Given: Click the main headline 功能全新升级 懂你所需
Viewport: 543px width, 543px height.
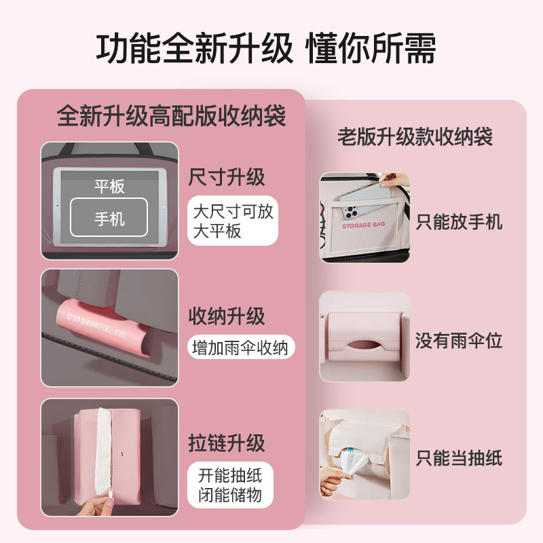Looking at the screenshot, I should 266,50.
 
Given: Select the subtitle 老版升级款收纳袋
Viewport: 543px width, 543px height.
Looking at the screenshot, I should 415,137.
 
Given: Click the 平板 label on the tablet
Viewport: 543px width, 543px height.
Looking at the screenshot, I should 109,187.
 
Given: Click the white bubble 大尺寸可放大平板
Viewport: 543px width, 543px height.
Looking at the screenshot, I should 233,221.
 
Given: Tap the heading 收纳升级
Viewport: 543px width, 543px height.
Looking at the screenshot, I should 226,316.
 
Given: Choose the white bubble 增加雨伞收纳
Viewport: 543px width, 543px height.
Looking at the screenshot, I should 241,348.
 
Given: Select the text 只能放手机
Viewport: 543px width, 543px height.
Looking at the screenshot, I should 459,221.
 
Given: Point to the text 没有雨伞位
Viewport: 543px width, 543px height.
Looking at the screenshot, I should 459,341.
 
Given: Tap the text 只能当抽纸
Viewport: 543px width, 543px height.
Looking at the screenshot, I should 459,459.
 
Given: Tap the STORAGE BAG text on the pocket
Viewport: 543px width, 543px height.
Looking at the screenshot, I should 365,225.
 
